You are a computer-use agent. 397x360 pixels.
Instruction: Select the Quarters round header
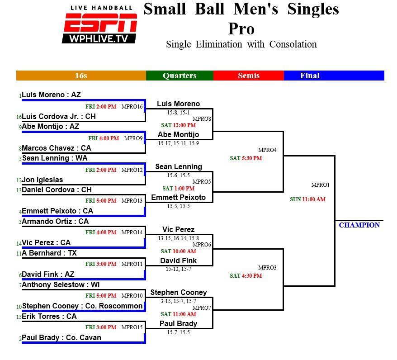pos(180,76)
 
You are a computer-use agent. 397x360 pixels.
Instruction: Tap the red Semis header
pos(249,76)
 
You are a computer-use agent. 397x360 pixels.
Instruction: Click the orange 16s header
pos(81,76)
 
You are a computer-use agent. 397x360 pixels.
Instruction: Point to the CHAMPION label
pos(359,225)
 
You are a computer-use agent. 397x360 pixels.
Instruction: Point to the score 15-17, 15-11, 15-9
pos(179,143)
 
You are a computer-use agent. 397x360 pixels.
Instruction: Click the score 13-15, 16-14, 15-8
pos(179,238)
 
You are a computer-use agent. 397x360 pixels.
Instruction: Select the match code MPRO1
pos(321,185)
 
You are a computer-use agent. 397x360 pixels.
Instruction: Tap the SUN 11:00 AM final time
pos(307,199)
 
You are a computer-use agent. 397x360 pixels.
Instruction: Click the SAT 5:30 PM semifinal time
pos(246,158)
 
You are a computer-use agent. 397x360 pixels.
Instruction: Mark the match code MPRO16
pos(132,107)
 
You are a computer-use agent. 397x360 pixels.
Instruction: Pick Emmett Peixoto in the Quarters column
pos(179,197)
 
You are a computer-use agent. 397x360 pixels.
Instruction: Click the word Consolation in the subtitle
pos(293,44)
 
